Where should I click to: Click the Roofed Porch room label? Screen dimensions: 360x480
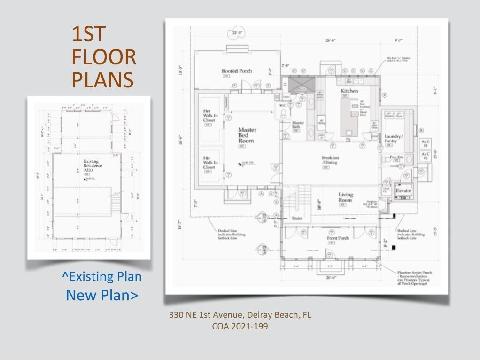(x=237, y=71)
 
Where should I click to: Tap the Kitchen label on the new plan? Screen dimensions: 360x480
(x=349, y=91)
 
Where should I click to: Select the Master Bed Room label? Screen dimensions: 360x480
(x=247, y=135)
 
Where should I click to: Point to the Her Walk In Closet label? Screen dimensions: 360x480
(x=209, y=114)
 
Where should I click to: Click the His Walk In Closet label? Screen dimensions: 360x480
(x=209, y=161)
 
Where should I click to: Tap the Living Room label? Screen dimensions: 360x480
(x=345, y=197)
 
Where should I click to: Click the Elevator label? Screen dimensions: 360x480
(x=403, y=191)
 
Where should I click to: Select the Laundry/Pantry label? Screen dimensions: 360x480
(x=394, y=139)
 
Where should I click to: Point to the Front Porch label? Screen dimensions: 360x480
(x=338, y=238)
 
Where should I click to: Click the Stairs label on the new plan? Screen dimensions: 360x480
(x=297, y=219)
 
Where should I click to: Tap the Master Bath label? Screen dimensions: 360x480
(x=298, y=125)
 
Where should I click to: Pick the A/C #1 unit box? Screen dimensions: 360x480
(x=426, y=143)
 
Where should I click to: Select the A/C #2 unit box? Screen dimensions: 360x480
(x=426, y=156)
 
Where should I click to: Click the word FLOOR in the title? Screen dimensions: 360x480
(x=104, y=57)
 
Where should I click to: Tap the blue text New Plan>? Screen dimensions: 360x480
(x=102, y=295)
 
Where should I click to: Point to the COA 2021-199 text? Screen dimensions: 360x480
(x=240, y=326)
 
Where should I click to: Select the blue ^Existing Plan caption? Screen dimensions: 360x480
(x=102, y=276)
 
